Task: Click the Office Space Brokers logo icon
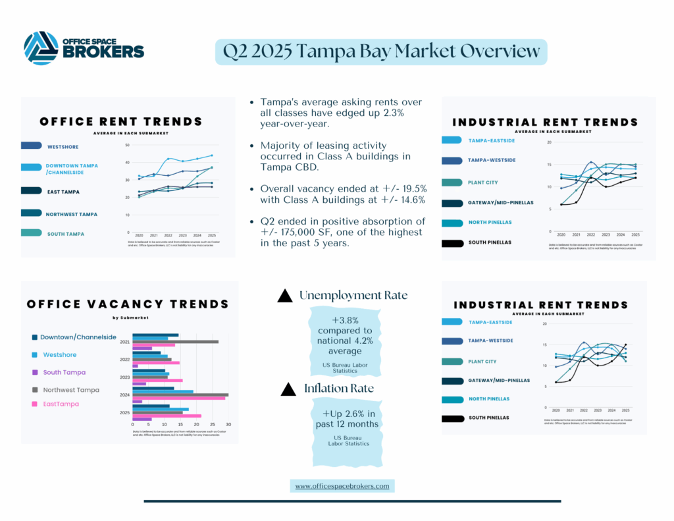(x=41, y=48)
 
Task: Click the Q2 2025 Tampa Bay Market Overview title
(x=381, y=51)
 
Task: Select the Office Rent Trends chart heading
(x=121, y=121)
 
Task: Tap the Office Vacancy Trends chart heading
(x=128, y=304)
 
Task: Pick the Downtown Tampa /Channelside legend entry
(x=72, y=169)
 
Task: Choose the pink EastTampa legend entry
(x=61, y=404)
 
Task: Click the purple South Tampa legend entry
(x=65, y=372)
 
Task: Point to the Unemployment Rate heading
(x=353, y=296)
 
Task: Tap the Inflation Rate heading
(x=339, y=389)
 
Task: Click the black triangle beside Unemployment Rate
(x=285, y=296)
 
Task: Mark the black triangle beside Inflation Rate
(x=288, y=390)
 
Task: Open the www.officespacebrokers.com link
(x=342, y=486)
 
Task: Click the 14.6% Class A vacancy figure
(x=409, y=199)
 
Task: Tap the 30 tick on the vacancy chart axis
(x=228, y=424)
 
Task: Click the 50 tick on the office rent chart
(x=127, y=145)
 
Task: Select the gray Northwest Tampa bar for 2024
(x=180, y=395)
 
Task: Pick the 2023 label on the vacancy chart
(x=124, y=377)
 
